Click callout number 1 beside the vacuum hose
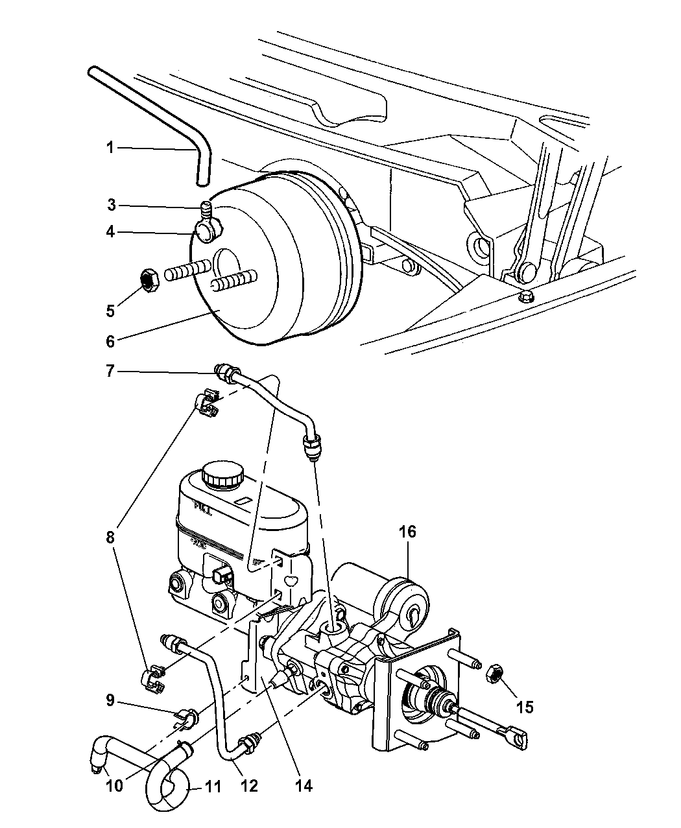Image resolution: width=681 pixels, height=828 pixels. tap(110, 148)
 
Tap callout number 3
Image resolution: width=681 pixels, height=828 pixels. tap(112, 206)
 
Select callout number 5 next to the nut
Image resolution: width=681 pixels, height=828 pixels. tap(110, 311)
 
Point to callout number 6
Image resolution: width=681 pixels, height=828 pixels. tap(110, 341)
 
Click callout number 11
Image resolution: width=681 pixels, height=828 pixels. tap(213, 787)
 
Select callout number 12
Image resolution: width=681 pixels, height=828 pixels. tap(250, 787)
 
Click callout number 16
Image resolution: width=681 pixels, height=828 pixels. tap(407, 532)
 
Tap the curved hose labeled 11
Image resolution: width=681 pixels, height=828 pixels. tap(167, 785)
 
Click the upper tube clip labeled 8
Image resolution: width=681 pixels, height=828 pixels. tap(207, 403)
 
